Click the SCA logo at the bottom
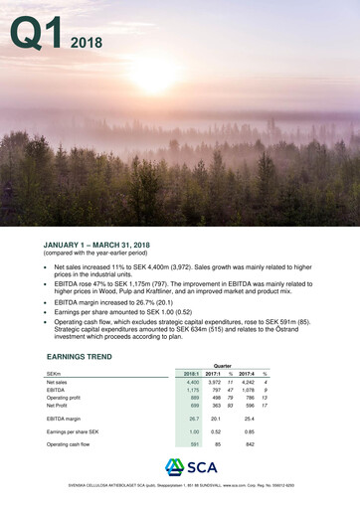180,468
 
